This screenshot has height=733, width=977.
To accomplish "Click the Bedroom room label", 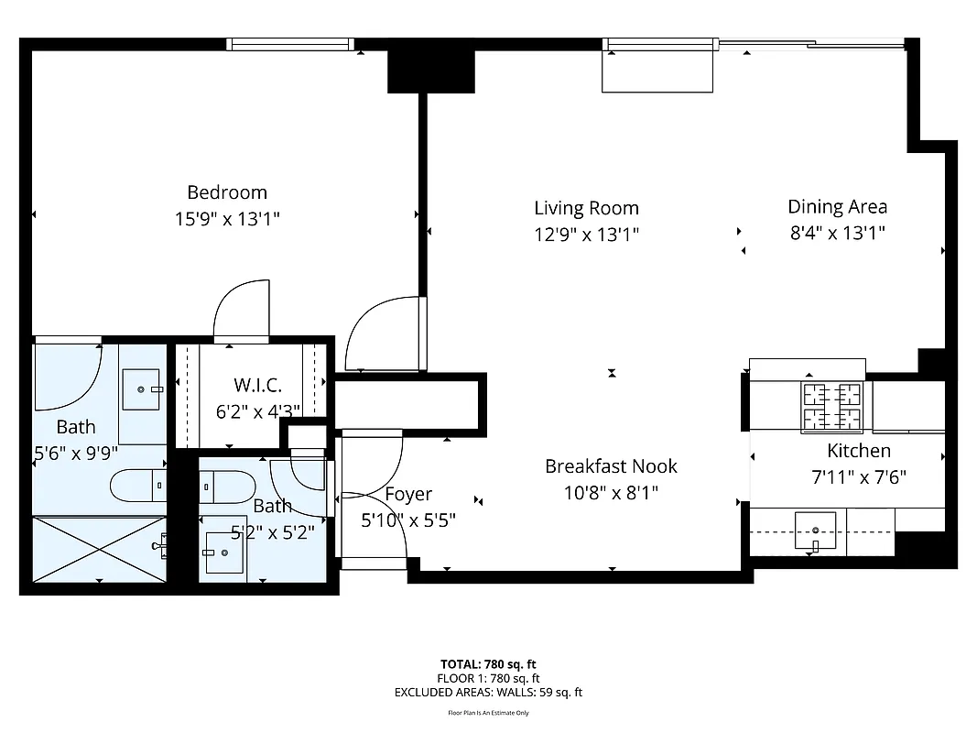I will [x=227, y=192].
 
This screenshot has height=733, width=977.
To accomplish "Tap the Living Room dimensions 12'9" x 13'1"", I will [x=586, y=234].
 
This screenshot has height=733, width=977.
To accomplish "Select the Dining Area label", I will [x=837, y=207].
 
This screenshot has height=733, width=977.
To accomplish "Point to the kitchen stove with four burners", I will [x=832, y=407].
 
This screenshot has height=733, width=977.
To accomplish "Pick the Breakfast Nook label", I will [x=611, y=466].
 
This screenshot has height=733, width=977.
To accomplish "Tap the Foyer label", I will [x=407, y=495].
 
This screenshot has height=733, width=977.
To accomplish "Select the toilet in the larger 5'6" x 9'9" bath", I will [x=138, y=485].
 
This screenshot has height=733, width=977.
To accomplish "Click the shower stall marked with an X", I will [x=99, y=548].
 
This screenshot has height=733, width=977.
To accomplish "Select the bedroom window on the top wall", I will [x=289, y=44].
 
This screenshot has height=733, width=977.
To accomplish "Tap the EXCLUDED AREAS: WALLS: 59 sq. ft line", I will [x=488, y=693].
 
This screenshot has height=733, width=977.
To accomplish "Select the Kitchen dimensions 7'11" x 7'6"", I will [x=859, y=476].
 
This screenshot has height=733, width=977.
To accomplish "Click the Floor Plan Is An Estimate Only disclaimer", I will [x=488, y=713].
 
